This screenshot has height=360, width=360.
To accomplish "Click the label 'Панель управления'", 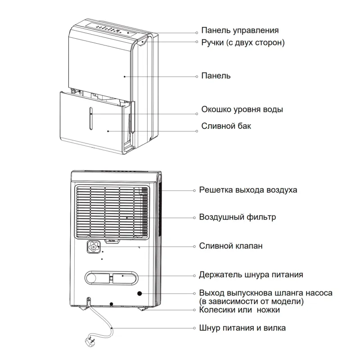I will [x=240, y=31].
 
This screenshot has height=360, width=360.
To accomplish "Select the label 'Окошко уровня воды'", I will [x=242, y=109].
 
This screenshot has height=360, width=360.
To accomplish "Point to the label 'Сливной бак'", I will [x=226, y=126].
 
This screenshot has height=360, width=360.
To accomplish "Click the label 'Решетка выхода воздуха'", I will [x=248, y=189].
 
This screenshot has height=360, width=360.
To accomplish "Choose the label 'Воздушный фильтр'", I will [x=238, y=217].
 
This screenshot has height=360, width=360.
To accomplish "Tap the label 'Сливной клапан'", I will [x=231, y=246].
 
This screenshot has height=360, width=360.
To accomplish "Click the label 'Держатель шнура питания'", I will [x=251, y=274].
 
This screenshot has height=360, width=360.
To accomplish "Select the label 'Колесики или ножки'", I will [x=240, y=310].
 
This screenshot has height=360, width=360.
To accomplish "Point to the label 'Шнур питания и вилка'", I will [x=243, y=328].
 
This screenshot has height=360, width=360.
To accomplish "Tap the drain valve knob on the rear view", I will [x=94, y=247].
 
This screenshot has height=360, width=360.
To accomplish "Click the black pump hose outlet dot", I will [x=140, y=293].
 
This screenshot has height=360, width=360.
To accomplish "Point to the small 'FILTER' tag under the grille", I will [x=111, y=241].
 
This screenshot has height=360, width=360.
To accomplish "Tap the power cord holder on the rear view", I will [x=111, y=277].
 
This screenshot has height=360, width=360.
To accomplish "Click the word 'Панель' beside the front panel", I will [x=216, y=76].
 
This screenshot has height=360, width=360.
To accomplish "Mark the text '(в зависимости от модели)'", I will [x=252, y=301].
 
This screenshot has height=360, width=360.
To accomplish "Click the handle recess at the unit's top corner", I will [x=143, y=42].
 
